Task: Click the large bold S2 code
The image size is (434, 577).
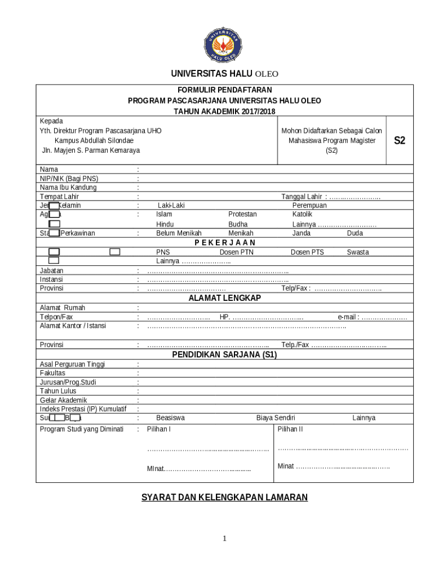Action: tap(399, 141)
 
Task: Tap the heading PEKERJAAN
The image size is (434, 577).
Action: tap(224, 242)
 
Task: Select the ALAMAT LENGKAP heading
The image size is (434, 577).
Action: tap(224, 298)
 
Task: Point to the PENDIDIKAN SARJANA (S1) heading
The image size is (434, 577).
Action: tap(224, 355)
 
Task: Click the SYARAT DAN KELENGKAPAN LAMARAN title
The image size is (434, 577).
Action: tap(224, 497)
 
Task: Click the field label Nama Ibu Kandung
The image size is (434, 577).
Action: tap(68, 188)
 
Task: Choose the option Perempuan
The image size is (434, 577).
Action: tap(309, 206)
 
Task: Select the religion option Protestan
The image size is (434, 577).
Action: tap(242, 214)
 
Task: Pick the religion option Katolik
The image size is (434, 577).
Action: tap(302, 214)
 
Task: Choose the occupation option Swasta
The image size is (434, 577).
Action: tap(358, 252)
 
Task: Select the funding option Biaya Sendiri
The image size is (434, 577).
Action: tap(276, 418)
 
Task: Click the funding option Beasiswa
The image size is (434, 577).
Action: tap(170, 418)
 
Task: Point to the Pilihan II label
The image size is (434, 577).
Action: tap(290, 429)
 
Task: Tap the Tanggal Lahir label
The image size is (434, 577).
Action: tap(302, 197)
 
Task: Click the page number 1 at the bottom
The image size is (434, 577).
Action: tap(224, 539)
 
